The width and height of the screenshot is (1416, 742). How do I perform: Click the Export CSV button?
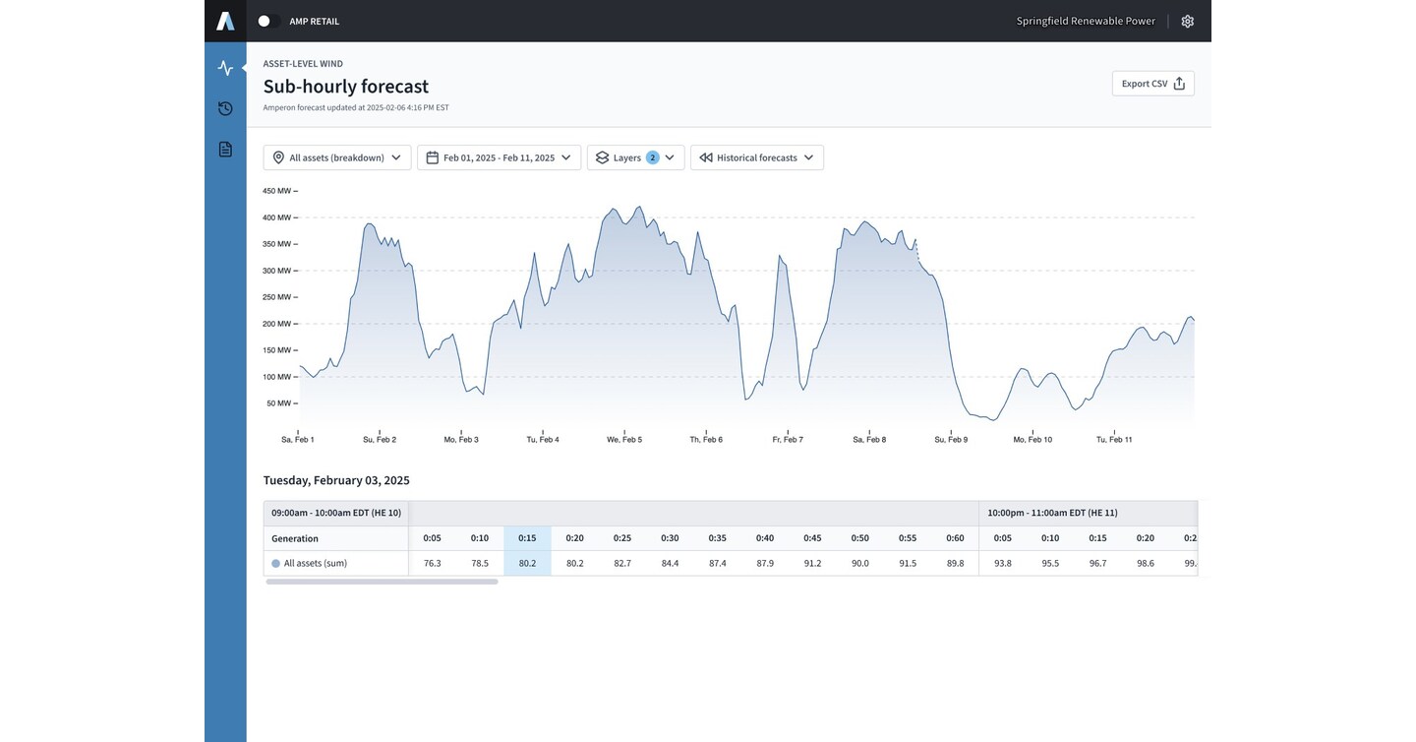(x=1153, y=84)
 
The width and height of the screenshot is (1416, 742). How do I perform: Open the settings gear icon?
(x=1188, y=22)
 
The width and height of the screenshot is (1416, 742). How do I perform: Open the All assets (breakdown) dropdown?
(x=337, y=157)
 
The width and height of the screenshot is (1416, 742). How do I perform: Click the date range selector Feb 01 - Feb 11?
(x=499, y=157)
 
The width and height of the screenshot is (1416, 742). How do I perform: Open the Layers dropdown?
(x=635, y=157)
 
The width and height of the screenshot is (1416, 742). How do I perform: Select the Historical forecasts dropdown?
(x=757, y=157)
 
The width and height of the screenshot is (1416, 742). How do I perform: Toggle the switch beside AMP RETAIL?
(x=268, y=21)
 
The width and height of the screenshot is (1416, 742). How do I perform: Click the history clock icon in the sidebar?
(x=226, y=109)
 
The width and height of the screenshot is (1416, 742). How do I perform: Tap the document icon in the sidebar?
(x=226, y=150)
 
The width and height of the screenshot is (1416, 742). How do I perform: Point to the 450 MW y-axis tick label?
(x=277, y=191)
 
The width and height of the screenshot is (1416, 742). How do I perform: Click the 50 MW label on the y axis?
(x=279, y=403)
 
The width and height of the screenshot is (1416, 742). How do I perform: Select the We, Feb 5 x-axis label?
(x=624, y=440)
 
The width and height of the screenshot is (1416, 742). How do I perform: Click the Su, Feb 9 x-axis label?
(x=952, y=440)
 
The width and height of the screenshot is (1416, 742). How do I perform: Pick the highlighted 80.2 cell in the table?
(x=527, y=563)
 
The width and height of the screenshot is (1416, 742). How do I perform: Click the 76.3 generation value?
(x=433, y=563)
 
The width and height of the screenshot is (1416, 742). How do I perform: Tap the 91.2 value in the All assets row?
(x=812, y=563)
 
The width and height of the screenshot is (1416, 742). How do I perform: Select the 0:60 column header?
(x=955, y=538)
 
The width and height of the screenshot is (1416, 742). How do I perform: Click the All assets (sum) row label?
(x=316, y=563)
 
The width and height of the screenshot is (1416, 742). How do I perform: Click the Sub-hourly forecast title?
(x=346, y=86)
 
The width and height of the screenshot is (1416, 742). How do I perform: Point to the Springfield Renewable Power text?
(x=1086, y=21)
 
